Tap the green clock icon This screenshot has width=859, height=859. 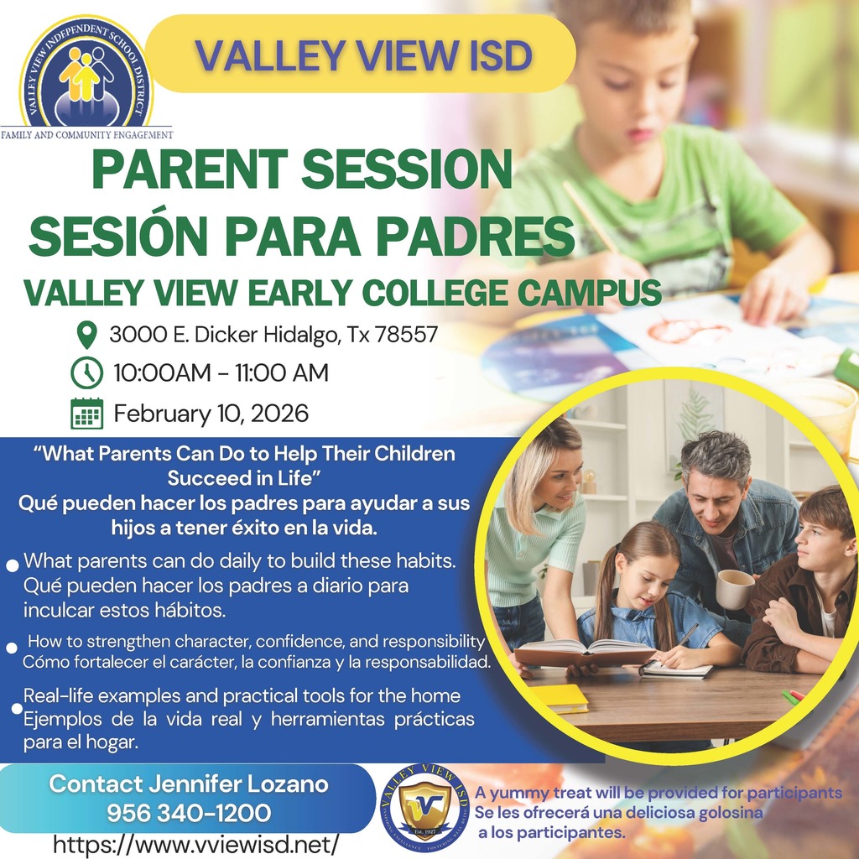click(86, 372)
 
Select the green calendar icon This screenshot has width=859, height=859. click(86, 414)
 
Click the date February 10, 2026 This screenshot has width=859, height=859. click(211, 414)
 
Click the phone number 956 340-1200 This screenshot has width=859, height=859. click(189, 813)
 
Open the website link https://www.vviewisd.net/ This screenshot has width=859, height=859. click(196, 842)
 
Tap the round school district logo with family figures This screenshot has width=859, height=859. click(87, 74)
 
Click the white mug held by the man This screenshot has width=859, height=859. click(734, 588)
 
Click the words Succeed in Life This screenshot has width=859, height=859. click(246, 478)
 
